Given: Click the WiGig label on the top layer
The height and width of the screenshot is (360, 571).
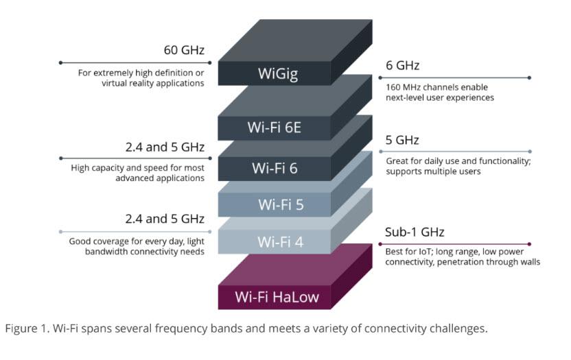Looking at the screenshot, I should [278, 74].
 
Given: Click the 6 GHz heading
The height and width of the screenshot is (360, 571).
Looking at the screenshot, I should [402, 66].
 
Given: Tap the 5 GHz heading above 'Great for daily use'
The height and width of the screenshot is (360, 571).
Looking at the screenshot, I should [402, 140].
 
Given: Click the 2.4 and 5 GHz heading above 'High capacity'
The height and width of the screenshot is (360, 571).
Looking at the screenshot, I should [165, 147].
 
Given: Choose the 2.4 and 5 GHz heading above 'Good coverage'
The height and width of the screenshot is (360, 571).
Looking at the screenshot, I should [165, 219].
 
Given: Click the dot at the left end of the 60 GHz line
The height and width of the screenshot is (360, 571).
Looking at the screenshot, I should [61, 62].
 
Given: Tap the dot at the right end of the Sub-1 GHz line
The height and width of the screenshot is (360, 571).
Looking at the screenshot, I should [530, 243].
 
